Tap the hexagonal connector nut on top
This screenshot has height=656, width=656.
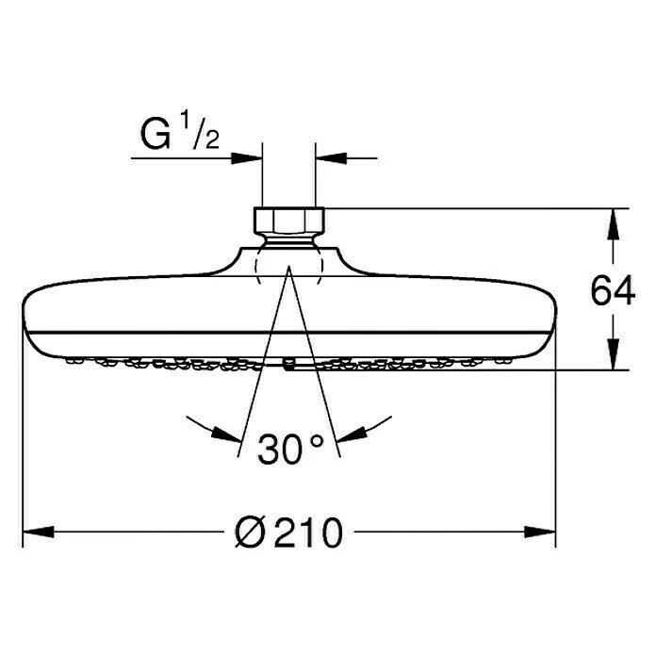pos(287,221)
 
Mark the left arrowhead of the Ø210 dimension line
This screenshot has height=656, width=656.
pos(34,533)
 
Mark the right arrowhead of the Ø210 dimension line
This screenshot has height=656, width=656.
pos(544,533)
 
